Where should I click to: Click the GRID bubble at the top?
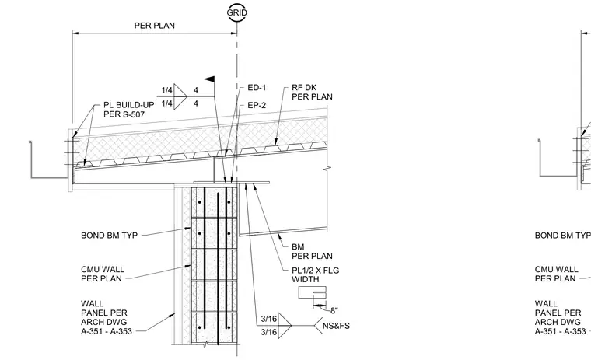pyautogui.click(x=237, y=12)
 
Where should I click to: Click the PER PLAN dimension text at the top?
pyautogui.click(x=155, y=26)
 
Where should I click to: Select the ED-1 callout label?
pyautogui.click(x=257, y=88)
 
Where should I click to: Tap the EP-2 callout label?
pyautogui.click(x=257, y=106)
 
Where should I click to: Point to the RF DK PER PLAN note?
pyautogui.click(x=312, y=93)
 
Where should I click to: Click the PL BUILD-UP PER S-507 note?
pyautogui.click(x=129, y=110)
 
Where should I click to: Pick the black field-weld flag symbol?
pyautogui.click(x=210, y=79)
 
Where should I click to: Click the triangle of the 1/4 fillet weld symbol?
pyautogui.click(x=180, y=97)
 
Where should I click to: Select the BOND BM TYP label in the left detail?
pyautogui.click(x=110, y=236)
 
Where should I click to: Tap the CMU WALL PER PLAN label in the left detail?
pyautogui.click(x=103, y=274)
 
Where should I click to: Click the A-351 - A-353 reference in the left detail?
pyautogui.click(x=107, y=332)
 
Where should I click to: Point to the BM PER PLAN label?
pyautogui.click(x=312, y=251)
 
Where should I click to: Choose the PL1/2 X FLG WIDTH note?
pyautogui.click(x=316, y=274)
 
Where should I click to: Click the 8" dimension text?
pyautogui.click(x=334, y=311)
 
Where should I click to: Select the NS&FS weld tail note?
pyautogui.click(x=336, y=326)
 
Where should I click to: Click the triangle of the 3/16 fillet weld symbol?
pyautogui.click(x=285, y=325)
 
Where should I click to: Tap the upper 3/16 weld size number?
pyautogui.click(x=269, y=319)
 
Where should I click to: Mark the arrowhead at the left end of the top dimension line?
pyautogui.click(x=75, y=33)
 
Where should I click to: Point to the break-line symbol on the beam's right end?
pyautogui.click(x=327, y=168)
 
